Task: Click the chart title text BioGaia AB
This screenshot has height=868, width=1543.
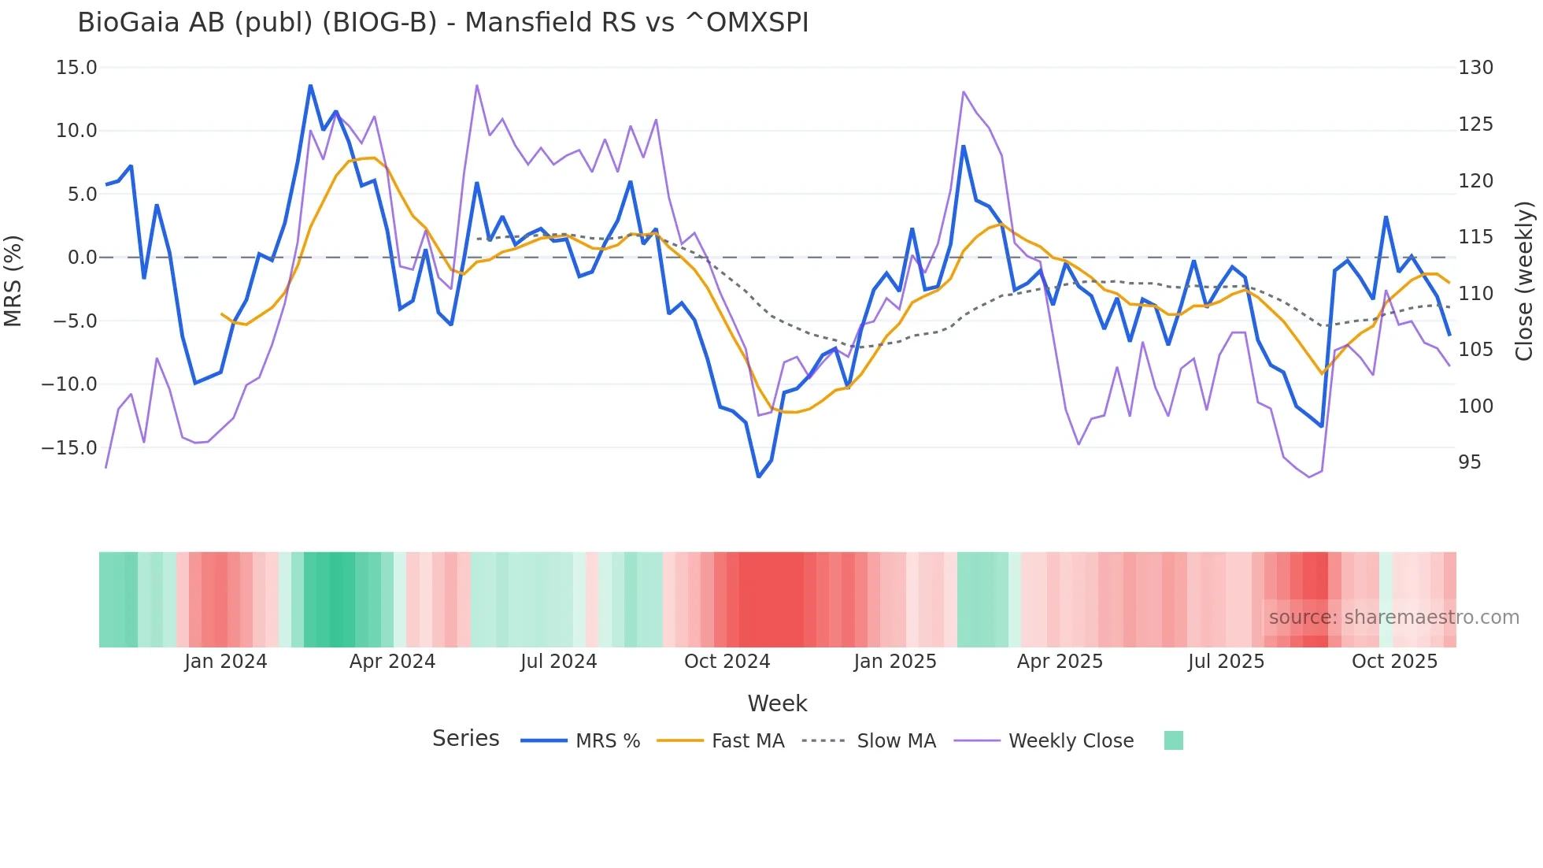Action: (442, 23)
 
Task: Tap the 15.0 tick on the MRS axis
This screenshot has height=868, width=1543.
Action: (76, 68)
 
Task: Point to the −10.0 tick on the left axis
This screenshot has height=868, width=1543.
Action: (69, 384)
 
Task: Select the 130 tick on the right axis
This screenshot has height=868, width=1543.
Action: (1475, 68)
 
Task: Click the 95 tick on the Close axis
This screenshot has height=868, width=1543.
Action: (1469, 462)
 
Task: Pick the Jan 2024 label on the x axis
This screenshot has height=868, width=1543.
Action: (226, 662)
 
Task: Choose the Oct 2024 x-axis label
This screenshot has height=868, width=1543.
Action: (727, 662)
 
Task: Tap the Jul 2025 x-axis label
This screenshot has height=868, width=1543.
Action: (1226, 662)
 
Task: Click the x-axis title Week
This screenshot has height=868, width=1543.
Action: (777, 703)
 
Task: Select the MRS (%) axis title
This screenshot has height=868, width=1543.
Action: (13, 281)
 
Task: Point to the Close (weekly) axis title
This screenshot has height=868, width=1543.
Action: (1524, 281)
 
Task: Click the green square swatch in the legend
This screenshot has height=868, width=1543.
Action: (1173, 740)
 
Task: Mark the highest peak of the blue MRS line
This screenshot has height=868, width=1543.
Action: (310, 86)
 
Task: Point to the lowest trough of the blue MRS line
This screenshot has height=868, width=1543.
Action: (758, 477)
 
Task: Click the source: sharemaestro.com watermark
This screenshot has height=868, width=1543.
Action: (1393, 618)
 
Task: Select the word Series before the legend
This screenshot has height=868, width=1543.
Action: (465, 739)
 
